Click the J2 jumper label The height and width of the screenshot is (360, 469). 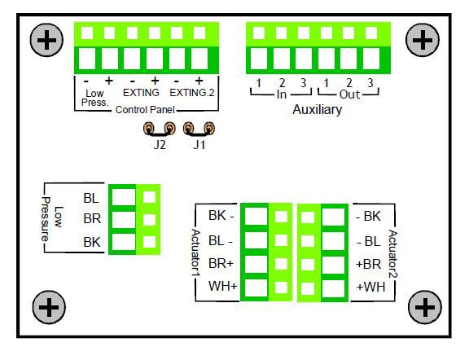pos(160,145)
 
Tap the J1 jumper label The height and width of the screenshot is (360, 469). pos(199,145)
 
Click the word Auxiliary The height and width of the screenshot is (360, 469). pos(318,110)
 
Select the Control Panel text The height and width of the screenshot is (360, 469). pos(145,110)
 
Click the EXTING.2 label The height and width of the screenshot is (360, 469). pos(192,93)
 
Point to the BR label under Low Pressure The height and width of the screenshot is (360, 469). pos(92,219)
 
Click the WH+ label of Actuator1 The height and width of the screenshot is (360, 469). pos(223,287)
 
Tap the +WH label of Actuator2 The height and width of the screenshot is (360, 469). pos(371,288)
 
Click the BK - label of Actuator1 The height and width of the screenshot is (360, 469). pos(221,216)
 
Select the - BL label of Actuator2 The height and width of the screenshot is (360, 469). pos(369,241)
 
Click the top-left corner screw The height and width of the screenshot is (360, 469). pos(46,40)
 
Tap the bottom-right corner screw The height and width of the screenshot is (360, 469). pos(425,307)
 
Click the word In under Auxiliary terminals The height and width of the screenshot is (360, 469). pos(282,94)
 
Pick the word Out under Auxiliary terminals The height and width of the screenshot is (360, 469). pos(349,94)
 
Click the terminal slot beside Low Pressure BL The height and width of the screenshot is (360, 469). pos(124,197)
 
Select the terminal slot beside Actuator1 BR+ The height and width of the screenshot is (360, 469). pos(256,264)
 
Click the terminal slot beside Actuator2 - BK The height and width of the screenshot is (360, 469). pos(334,217)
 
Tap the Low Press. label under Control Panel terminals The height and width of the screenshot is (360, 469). pos(94,98)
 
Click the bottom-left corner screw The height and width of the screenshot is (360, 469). pos(49,307)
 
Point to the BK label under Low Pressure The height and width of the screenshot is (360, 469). pos(92,242)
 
